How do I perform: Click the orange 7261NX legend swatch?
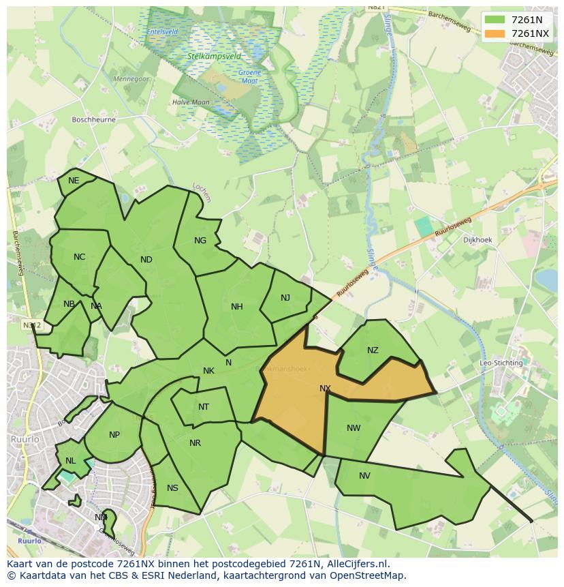click(x=495, y=33)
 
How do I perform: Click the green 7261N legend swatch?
click(x=495, y=20)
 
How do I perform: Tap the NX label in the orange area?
click(x=325, y=389)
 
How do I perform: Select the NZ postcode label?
click(x=373, y=350)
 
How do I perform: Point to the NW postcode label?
click(x=354, y=428)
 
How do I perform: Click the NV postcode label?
click(x=364, y=476)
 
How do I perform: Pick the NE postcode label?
click(x=74, y=181)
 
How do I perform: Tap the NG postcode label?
click(x=200, y=241)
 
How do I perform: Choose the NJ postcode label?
click(x=285, y=298)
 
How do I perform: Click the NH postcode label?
click(x=237, y=307)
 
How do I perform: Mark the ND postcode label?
click(x=146, y=260)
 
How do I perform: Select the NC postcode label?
click(x=80, y=257)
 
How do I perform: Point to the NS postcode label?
click(x=172, y=488)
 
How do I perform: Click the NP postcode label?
click(x=114, y=435)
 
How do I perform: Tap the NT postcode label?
click(x=204, y=407)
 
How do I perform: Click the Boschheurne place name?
click(x=94, y=119)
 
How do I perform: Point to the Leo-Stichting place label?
click(x=501, y=363)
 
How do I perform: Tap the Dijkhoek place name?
click(x=477, y=240)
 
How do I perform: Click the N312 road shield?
click(x=31, y=325)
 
